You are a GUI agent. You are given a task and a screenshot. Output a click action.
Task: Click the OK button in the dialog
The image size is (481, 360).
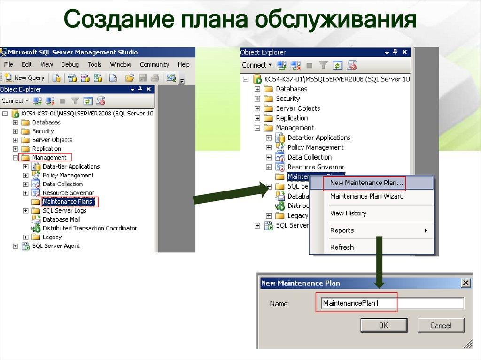[x=383, y=325]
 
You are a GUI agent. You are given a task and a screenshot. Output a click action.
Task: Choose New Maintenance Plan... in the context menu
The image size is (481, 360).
[x=367, y=183]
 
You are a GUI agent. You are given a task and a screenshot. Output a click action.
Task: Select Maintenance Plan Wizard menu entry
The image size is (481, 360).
[x=367, y=196]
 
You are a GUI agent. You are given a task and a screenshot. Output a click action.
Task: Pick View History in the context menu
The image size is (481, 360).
[x=348, y=213]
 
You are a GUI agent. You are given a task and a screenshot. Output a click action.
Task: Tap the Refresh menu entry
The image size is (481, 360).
[x=342, y=247]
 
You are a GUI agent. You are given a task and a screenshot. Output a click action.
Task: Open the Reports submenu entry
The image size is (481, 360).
[x=342, y=230]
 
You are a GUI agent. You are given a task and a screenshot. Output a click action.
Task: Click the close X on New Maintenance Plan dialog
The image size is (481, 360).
[x=465, y=283]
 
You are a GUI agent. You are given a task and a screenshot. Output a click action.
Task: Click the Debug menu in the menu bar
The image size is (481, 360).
[x=70, y=64]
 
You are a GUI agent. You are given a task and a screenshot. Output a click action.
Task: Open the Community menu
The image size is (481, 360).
[x=154, y=64]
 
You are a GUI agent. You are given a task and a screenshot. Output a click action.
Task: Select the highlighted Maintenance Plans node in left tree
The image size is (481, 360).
[x=68, y=202]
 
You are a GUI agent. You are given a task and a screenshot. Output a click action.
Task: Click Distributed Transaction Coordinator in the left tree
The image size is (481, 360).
[x=90, y=228]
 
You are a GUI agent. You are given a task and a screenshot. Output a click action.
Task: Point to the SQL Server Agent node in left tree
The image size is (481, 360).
[x=56, y=246]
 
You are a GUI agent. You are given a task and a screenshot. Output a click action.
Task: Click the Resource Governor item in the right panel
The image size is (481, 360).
[x=316, y=167]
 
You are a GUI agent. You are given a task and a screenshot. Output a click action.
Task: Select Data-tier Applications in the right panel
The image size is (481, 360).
[x=319, y=138]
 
